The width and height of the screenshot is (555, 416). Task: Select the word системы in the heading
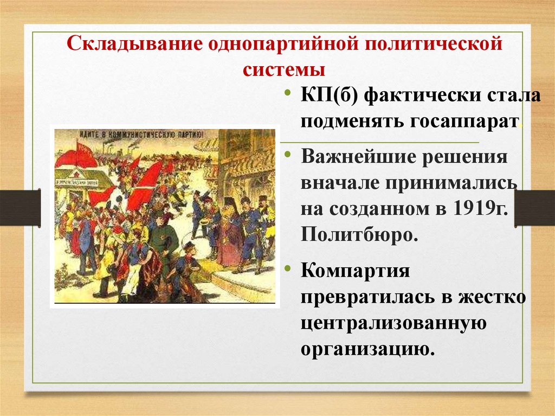click(284, 69)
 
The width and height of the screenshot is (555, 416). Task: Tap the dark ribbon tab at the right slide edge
click(534, 208)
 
